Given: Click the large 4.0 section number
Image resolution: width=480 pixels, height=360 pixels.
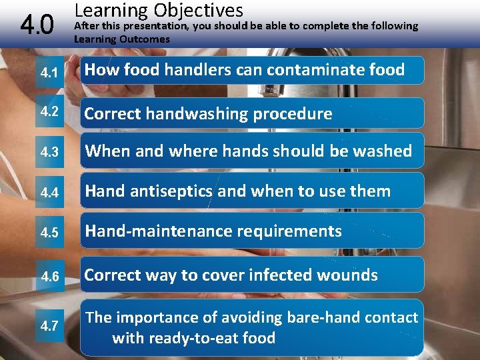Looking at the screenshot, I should tap(37, 26).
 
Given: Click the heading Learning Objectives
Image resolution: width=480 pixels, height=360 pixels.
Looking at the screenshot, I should tap(159, 10).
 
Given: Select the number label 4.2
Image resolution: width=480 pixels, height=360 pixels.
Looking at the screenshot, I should tap(49, 111).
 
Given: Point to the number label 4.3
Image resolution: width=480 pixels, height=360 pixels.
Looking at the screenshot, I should tap(49, 152).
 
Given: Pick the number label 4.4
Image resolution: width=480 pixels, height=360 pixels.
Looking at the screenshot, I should tap(49, 193).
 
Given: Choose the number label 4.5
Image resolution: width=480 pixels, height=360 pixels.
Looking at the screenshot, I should tap(49, 233).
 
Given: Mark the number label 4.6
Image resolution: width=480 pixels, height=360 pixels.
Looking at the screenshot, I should tap(49, 276).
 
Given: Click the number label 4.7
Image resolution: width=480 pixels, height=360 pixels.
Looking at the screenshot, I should tap(49, 326).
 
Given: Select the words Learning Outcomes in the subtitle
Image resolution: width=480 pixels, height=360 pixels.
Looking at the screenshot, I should tap(121, 39).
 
